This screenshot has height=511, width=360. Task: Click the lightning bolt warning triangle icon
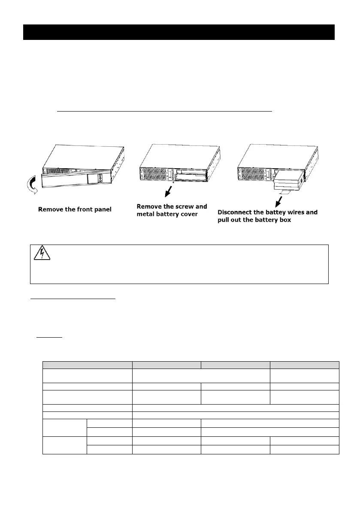click(42, 254)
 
